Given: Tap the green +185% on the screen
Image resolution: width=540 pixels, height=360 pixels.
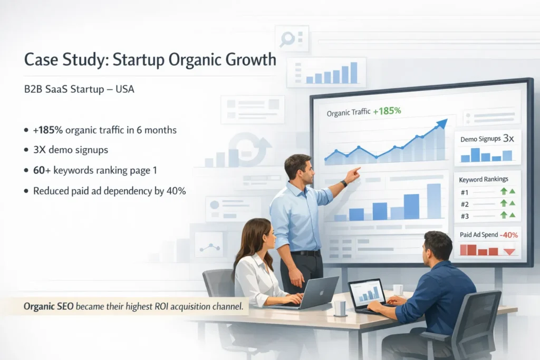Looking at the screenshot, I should tap(387, 111).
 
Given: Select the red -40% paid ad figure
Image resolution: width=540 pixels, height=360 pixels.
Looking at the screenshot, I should tap(509, 235).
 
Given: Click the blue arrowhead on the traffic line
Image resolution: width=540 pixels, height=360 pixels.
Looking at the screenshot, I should tap(441, 124).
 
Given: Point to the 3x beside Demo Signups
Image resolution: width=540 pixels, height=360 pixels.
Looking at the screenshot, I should tap(508, 139).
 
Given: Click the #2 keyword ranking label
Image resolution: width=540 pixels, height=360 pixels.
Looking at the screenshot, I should tap(465, 203).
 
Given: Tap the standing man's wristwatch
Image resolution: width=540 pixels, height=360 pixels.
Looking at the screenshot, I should tap(344, 183).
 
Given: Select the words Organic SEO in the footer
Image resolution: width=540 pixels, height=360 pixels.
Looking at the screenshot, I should tap(49, 306).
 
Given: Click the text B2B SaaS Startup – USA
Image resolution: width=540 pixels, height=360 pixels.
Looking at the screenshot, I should tap(79, 90).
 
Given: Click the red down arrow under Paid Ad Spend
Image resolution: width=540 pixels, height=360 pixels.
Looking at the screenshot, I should tap(509, 251).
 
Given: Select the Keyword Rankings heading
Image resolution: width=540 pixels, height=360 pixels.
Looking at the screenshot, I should tap(482, 179).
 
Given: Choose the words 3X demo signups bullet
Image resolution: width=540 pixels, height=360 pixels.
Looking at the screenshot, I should tap(71, 150).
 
